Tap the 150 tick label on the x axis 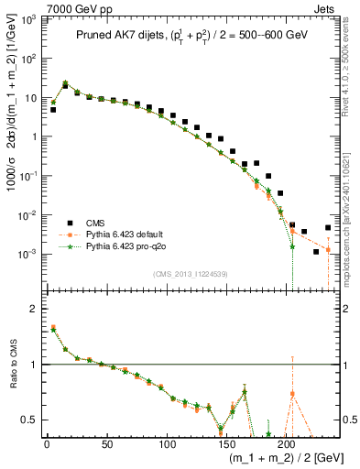(227, 443)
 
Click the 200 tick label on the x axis (288, 443)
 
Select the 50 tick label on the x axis (107, 443)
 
